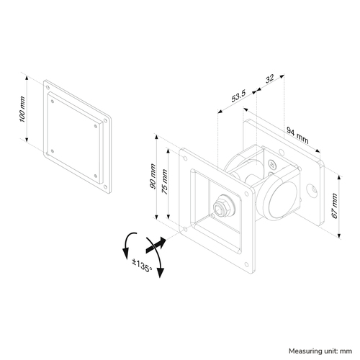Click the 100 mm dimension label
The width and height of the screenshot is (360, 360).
coord(22,109)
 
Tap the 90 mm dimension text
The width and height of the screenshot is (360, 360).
coord(153,176)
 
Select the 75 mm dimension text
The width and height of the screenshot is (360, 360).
coord(164,181)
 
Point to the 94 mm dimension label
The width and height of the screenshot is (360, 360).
coord(297,135)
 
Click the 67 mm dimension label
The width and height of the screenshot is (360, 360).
coord(334,206)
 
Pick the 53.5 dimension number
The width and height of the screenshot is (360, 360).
coord(238,96)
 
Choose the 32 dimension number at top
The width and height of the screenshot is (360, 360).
coord(269,78)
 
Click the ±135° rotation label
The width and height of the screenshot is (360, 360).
coord(142,265)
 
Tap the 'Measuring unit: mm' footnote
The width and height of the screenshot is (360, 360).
coord(320,351)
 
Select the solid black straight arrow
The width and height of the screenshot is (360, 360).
coord(156,245)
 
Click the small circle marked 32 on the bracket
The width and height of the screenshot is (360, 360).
coord(272,165)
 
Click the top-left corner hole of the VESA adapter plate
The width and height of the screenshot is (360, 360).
coord(48,87)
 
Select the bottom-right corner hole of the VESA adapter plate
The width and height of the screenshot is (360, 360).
coord(105,186)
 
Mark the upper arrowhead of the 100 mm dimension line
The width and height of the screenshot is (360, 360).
coord(27,78)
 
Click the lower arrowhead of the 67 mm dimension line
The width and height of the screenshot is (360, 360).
coord(339,235)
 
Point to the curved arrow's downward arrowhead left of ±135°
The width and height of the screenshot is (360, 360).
coord(125,254)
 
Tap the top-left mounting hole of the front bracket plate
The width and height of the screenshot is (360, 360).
coord(185,158)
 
